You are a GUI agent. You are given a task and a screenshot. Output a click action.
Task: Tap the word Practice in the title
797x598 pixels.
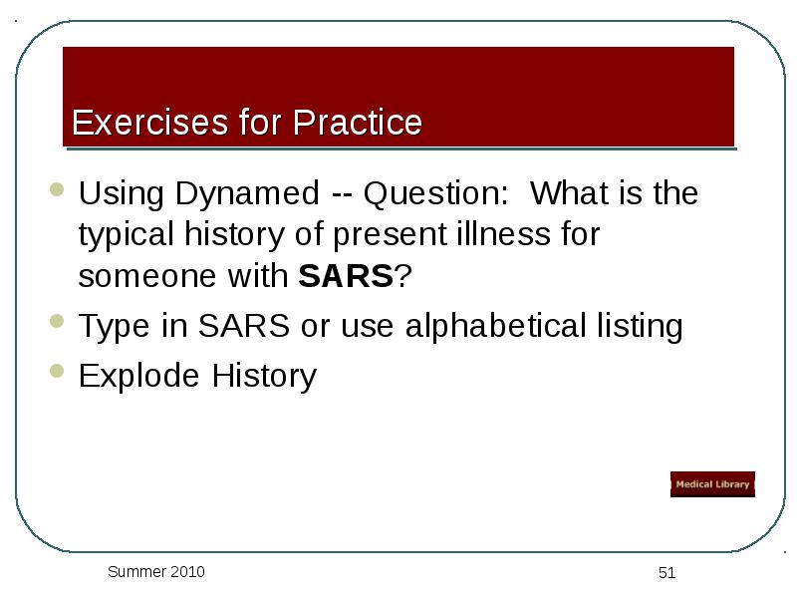(x=358, y=122)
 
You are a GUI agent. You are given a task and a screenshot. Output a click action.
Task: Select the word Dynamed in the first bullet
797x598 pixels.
(x=247, y=193)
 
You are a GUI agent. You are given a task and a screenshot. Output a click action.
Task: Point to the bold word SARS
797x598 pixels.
(x=346, y=276)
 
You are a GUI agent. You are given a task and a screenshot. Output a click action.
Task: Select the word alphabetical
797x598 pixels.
(x=496, y=326)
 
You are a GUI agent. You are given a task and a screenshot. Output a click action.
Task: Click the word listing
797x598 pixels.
(x=640, y=327)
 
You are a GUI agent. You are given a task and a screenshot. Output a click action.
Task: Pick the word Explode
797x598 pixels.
(x=138, y=377)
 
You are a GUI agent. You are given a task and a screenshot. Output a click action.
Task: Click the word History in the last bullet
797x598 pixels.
(x=264, y=377)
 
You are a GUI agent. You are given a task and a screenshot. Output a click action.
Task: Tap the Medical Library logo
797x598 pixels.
(x=712, y=484)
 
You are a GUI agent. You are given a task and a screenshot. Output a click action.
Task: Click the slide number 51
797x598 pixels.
(x=666, y=573)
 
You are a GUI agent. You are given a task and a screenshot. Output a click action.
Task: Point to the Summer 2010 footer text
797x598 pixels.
(x=156, y=571)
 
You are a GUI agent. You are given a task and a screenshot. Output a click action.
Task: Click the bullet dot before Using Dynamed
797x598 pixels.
(x=57, y=189)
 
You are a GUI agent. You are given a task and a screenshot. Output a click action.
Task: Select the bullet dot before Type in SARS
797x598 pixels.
(x=57, y=321)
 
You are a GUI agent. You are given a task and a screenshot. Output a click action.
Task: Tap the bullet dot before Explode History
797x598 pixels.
(x=57, y=371)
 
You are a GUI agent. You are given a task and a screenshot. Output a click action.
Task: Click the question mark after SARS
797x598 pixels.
(x=402, y=276)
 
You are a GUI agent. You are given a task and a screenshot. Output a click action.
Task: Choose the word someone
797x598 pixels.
(x=147, y=277)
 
